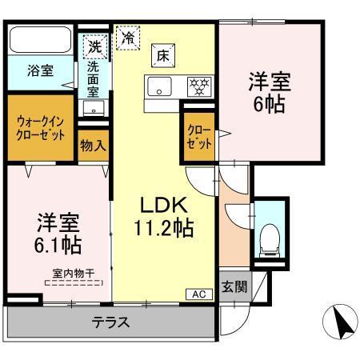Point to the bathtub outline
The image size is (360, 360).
click(x=41, y=40)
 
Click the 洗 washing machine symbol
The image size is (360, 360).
click(x=95, y=46)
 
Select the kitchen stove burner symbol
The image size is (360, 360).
click(x=198, y=86)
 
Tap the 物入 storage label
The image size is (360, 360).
click(x=94, y=146)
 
